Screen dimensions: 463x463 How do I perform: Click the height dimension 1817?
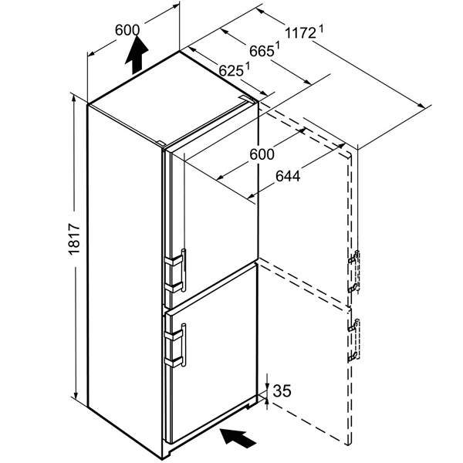point(74,239)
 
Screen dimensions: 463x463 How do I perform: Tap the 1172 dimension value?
point(301,32)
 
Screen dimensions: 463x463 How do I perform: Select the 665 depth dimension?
point(261,52)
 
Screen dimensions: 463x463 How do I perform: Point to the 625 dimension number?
point(231,71)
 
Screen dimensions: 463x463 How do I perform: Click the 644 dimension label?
point(288,176)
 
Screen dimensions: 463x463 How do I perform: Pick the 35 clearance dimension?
point(282,391)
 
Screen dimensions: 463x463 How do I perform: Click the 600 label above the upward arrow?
point(127,30)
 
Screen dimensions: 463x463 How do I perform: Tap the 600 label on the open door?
point(262,154)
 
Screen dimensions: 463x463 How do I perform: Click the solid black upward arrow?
point(137,55)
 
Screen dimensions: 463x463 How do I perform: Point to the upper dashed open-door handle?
point(354,272)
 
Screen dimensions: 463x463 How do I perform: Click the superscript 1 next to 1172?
point(321,29)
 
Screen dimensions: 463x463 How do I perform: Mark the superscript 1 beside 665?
point(277,46)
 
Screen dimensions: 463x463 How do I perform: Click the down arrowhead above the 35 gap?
point(267,387)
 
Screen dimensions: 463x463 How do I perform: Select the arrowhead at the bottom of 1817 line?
point(76,394)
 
